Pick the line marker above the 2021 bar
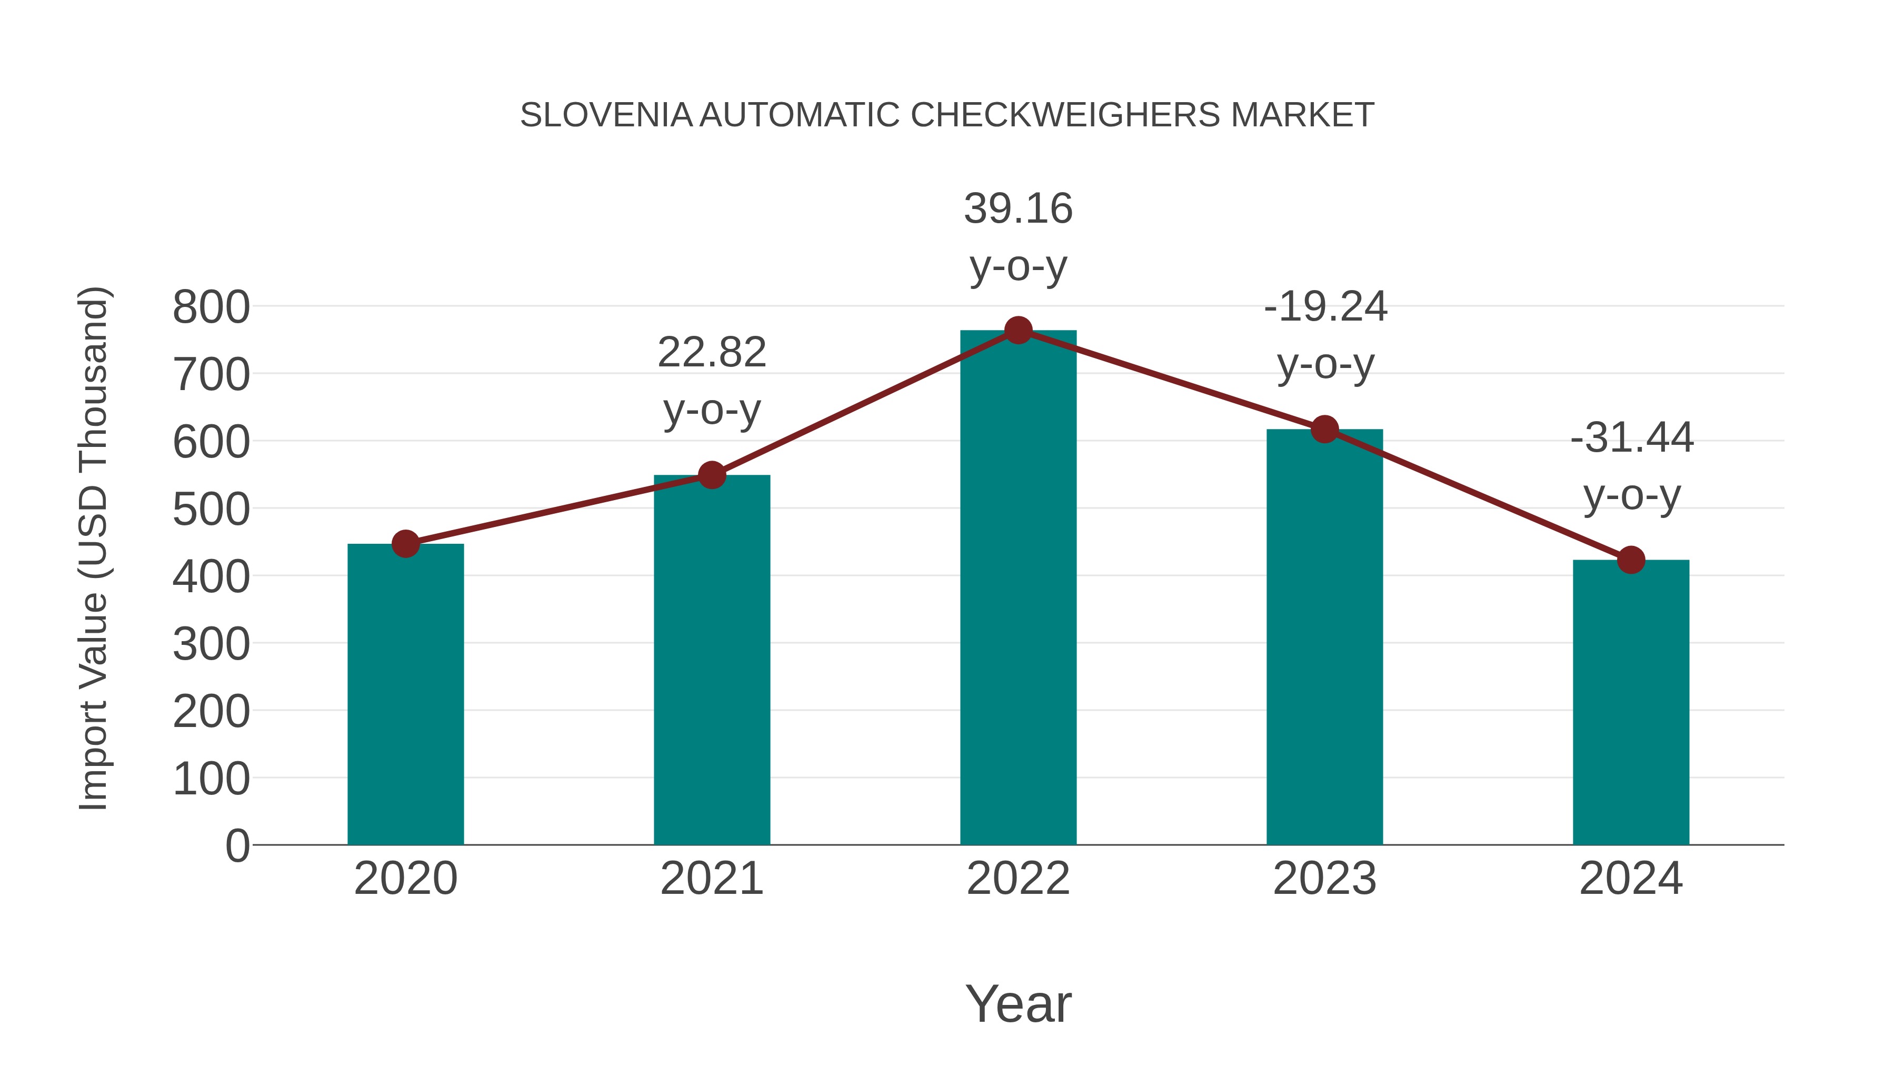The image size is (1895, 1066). (x=711, y=475)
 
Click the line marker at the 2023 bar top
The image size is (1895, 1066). (x=1324, y=429)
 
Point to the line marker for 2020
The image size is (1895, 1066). (x=405, y=544)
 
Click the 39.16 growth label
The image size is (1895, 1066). (x=1018, y=209)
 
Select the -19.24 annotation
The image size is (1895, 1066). (x=1325, y=307)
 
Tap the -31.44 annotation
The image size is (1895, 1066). (x=1632, y=438)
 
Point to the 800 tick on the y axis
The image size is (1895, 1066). (x=211, y=307)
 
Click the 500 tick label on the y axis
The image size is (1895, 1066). (x=211, y=510)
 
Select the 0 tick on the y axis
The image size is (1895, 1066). (x=237, y=846)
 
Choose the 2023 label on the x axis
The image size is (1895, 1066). (x=1324, y=879)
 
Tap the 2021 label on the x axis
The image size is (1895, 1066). (x=711, y=879)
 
